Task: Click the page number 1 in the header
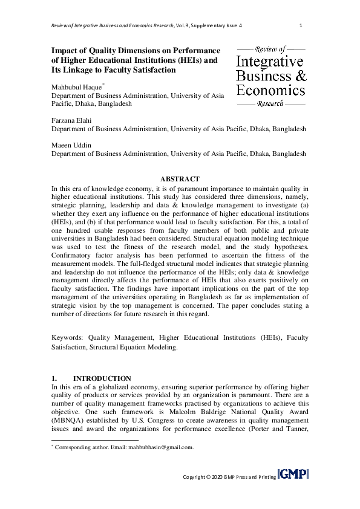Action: (301, 25)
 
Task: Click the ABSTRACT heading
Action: (180, 179)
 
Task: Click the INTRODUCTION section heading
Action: (102, 378)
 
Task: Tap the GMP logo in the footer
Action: (293, 474)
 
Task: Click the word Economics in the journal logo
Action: (270, 90)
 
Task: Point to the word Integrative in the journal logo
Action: (270, 62)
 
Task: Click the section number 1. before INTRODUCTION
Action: (55, 378)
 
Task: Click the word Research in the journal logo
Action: (270, 104)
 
